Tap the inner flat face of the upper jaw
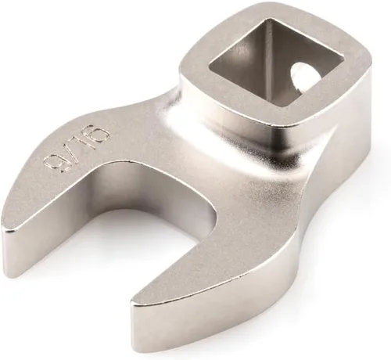point(117,192)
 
